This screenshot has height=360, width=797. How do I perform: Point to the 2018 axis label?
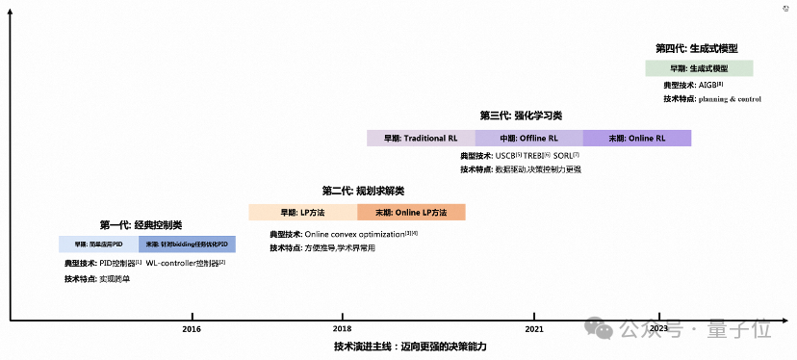point(342,329)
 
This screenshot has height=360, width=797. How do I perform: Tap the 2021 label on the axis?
point(534,329)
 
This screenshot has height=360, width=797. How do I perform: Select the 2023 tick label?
point(659,329)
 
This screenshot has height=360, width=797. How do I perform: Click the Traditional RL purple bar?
point(421,139)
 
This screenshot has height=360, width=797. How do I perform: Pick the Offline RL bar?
point(528,139)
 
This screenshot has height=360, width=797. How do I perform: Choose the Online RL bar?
point(636,139)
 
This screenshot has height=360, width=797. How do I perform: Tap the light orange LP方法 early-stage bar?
point(302,213)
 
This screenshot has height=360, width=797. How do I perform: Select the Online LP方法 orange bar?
point(411,213)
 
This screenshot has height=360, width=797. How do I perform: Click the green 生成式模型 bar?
point(699,68)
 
